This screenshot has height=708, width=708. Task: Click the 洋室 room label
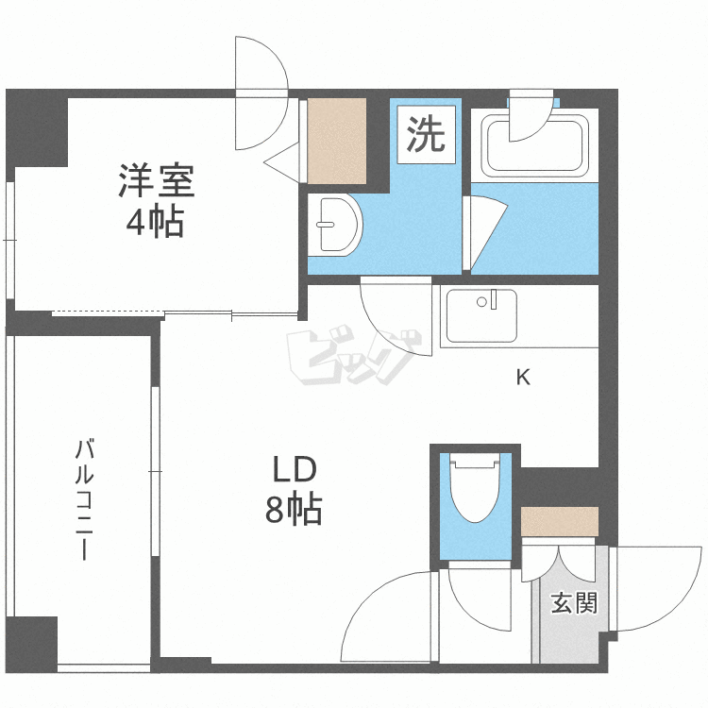click(x=156, y=180)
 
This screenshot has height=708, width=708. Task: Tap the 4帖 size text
click(x=156, y=221)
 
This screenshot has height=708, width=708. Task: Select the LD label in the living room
click(x=294, y=468)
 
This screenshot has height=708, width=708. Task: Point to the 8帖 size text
click(x=294, y=510)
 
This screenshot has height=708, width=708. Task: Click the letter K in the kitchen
click(x=523, y=377)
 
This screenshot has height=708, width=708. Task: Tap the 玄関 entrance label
click(x=574, y=603)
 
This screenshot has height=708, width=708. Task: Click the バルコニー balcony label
click(x=84, y=499)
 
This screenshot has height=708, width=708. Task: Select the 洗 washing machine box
click(x=427, y=135)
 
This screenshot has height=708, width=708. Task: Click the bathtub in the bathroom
click(x=535, y=145)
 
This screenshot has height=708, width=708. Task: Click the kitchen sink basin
click(x=481, y=315)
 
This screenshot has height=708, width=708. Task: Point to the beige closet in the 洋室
click(x=336, y=142)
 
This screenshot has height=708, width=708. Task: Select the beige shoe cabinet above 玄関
click(x=560, y=521)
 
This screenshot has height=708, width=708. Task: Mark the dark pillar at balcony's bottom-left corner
click(x=31, y=645)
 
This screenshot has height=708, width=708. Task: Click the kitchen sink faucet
click(x=494, y=299)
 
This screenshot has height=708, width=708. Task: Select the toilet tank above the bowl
click(x=475, y=460)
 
